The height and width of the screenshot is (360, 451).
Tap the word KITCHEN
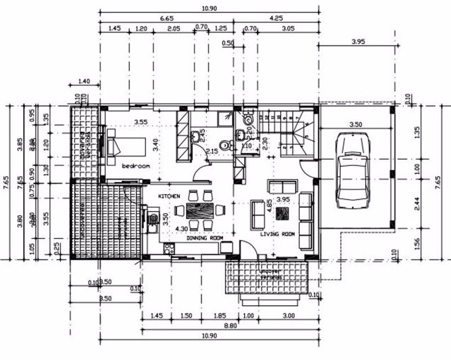tap(169, 196)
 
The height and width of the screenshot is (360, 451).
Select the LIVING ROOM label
tap(279, 234)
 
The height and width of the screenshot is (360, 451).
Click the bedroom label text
tap(135, 165)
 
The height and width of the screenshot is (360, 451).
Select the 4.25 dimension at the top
tap(276, 18)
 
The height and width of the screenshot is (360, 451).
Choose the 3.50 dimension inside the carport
tap(354, 125)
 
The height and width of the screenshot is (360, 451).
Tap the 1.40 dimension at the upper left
tap(85, 82)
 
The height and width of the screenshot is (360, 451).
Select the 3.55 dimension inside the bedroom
tap(141, 122)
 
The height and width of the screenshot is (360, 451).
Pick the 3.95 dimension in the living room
tap(283, 200)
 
